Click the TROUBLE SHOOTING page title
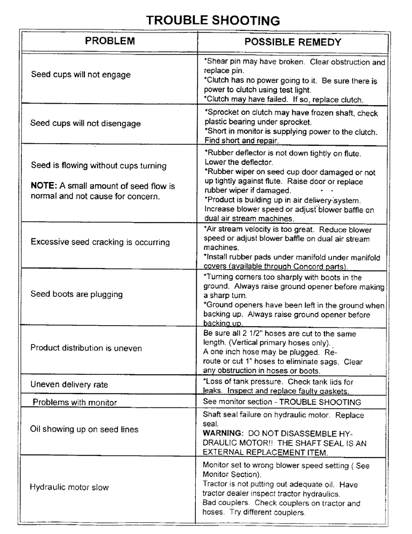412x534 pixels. coord(213,20)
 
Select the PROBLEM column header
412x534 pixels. coord(110,41)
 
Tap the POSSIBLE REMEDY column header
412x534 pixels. coord(292,42)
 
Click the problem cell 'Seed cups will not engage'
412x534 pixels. coord(81,75)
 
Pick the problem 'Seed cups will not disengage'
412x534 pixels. coord(85,123)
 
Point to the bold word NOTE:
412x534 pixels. coord(44,186)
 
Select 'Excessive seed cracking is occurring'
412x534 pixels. coord(100,242)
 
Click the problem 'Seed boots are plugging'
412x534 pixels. coord(76,294)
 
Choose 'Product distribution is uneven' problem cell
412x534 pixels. coord(86,348)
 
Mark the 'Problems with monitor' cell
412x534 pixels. coord(75,402)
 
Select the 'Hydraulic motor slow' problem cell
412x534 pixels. coord(69,487)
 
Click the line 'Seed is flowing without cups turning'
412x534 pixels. coord(98,166)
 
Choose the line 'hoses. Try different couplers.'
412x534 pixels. coord(255,512)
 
